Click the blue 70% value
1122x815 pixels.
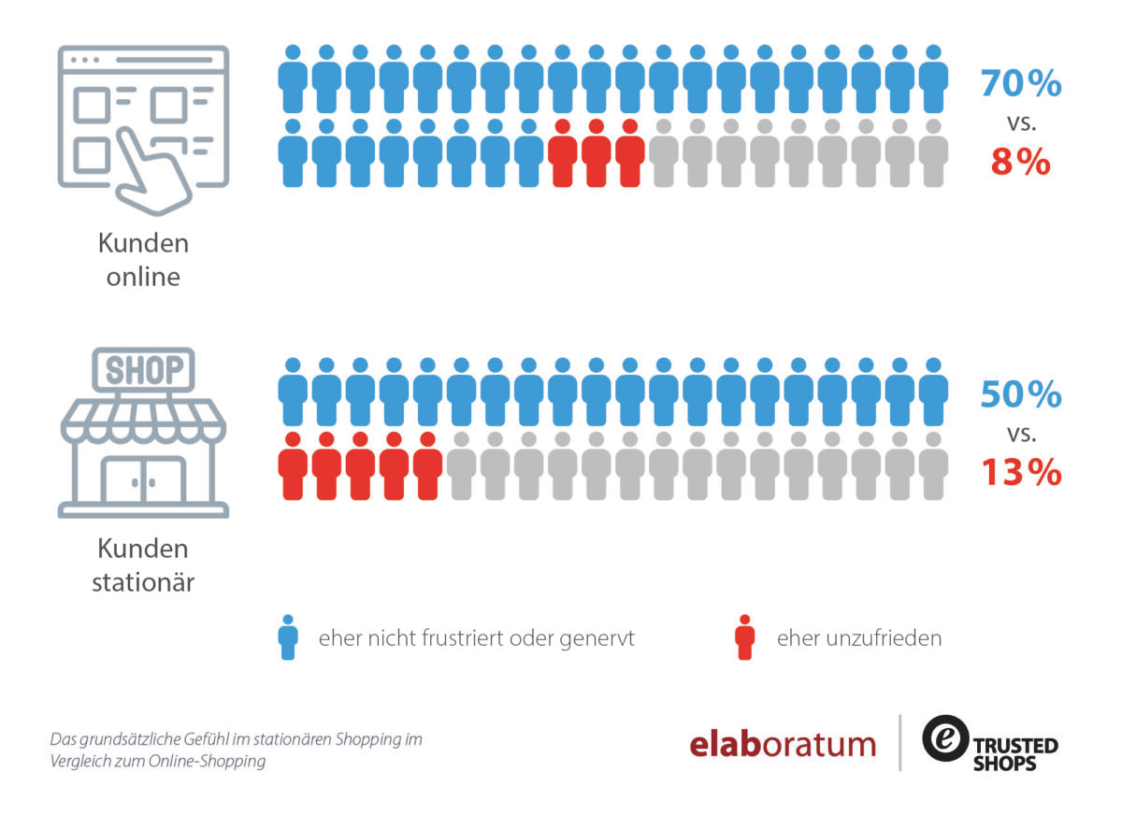[x=1021, y=82]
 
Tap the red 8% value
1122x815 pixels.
[x=1020, y=162]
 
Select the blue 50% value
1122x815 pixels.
[x=1021, y=394]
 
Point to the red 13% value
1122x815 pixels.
[x=1021, y=472]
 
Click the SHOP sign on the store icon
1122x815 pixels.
[x=144, y=370]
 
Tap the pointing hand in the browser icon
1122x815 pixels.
[x=152, y=173]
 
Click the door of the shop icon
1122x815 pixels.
[x=144, y=479]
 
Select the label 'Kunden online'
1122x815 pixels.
[x=143, y=260]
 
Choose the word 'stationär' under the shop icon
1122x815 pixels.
[x=143, y=582]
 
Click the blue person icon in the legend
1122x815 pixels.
[x=288, y=637]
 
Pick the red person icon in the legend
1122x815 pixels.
[x=745, y=637]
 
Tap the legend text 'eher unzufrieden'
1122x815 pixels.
[x=859, y=638]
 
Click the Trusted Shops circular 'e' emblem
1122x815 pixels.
[x=945, y=738]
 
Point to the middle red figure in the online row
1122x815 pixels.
[x=597, y=153]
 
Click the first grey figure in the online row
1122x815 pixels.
[x=664, y=153]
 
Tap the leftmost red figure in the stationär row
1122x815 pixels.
[x=293, y=466]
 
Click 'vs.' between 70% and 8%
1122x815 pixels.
[x=1022, y=123]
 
